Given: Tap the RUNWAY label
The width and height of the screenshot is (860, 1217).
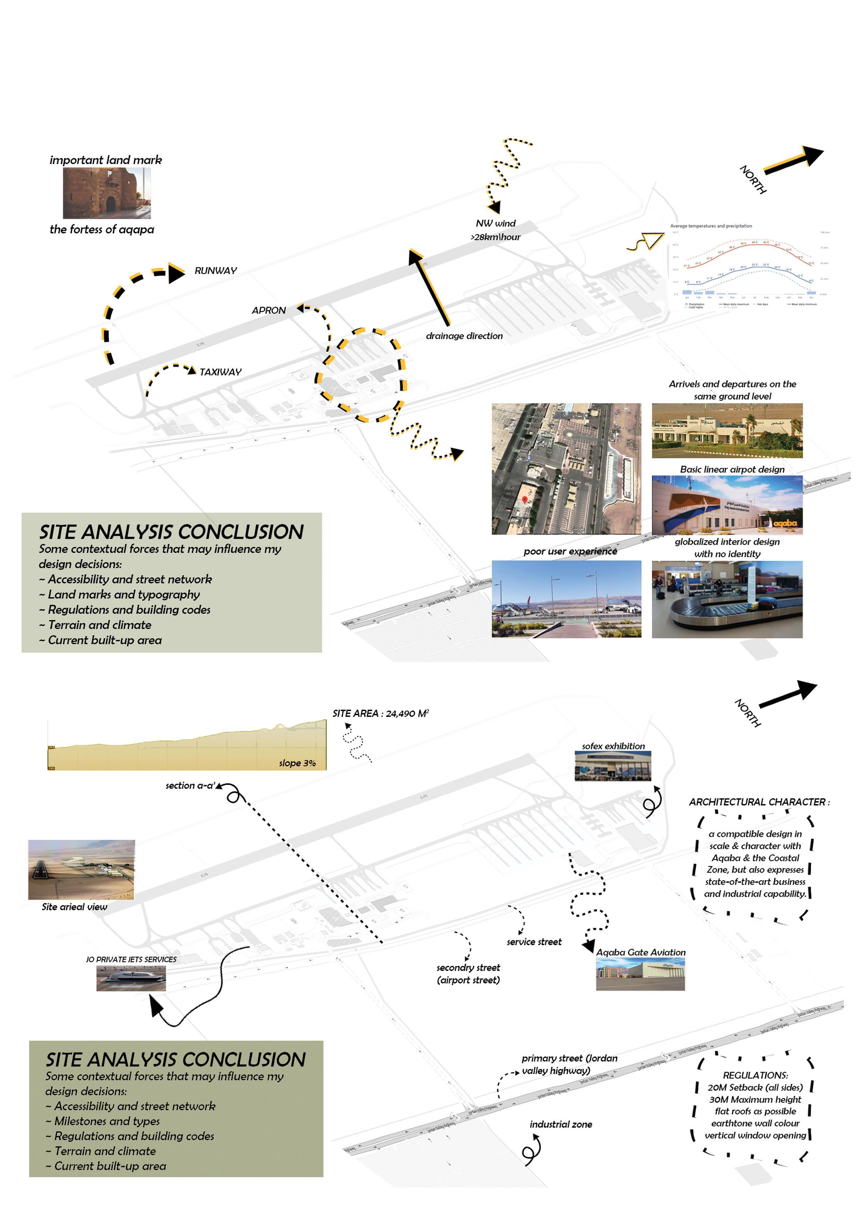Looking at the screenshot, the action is click(216, 271).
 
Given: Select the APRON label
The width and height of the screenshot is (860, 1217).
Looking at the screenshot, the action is click(269, 310).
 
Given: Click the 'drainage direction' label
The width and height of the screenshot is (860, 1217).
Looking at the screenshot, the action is click(464, 336).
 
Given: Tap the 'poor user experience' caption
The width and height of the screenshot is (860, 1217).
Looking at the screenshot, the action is click(570, 551).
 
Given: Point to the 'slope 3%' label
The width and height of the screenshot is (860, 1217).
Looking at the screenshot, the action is click(297, 763).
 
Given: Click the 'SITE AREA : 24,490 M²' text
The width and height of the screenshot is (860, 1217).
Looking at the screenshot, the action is click(380, 714).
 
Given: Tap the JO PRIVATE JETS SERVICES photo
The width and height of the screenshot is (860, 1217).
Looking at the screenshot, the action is click(131, 978).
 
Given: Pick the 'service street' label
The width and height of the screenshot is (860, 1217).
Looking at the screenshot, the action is click(534, 942).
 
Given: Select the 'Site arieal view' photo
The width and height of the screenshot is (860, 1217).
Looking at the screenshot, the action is click(81, 869).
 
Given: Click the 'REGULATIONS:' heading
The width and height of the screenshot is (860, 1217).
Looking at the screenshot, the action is click(755, 1075).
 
